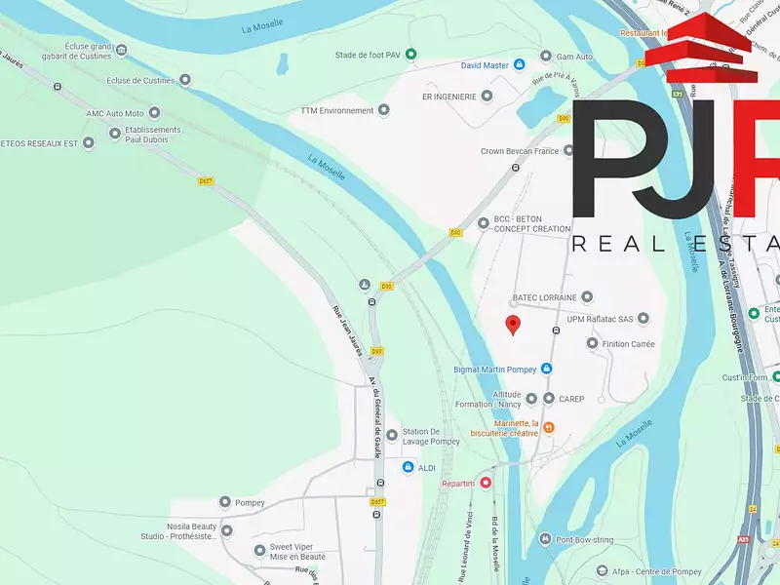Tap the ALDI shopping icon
pos(409,468)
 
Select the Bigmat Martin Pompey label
pos(495,369)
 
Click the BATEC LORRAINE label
pos(544,296)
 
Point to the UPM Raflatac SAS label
pos(600,319)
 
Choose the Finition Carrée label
pos(629,343)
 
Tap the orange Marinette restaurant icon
pos(549,427)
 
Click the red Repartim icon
pos(486,483)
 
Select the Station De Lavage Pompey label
pos(431,436)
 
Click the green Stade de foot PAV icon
pos(411,55)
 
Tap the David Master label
pos(485,65)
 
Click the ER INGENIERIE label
pos(448,97)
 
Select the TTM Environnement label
pos(336,110)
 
